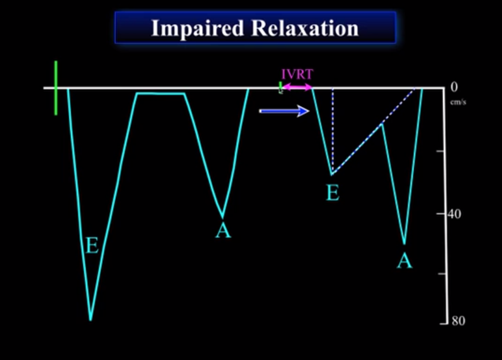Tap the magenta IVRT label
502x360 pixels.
[297, 75]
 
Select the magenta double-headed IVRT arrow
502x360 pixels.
[297, 87]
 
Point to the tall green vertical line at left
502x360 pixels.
[56, 87]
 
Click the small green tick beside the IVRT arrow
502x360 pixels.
[280, 87]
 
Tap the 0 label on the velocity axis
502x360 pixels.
[454, 87]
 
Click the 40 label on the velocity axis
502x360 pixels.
[454, 214]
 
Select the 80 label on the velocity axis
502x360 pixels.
[458, 321]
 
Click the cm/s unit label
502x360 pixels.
[458, 102]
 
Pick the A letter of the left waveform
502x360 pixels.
[223, 230]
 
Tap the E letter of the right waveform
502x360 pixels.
[333, 193]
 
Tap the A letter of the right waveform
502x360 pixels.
[405, 261]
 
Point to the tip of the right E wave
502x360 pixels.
[331, 174]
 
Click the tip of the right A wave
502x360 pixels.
[404, 244]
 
